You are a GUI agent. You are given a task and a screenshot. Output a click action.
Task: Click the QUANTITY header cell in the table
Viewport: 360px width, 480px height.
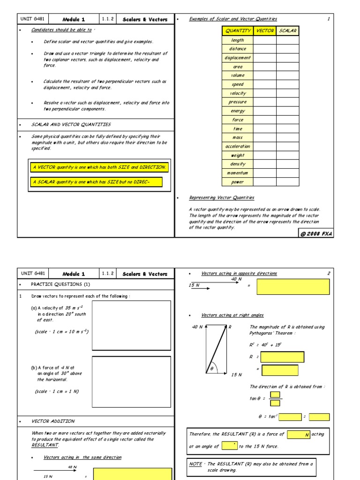(238, 31)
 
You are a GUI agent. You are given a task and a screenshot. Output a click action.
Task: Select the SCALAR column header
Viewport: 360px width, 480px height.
(287, 31)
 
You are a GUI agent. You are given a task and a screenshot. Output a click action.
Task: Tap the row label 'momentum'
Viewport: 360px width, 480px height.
(238, 173)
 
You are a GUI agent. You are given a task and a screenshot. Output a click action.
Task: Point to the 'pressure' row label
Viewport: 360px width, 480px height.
(238, 102)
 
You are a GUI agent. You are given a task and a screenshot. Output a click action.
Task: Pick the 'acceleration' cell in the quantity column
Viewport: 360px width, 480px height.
(238, 146)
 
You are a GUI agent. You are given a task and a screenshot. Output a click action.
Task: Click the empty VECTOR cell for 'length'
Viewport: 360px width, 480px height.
(265, 40)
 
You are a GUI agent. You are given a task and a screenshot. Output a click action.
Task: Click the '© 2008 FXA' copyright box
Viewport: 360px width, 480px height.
(315, 233)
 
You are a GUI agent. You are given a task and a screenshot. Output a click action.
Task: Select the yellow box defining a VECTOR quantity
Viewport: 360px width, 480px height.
(99, 167)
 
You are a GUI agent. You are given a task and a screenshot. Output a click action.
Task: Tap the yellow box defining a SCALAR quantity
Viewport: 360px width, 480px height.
(96, 182)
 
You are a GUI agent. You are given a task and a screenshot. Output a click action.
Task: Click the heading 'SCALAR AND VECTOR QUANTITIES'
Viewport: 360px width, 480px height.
(71, 125)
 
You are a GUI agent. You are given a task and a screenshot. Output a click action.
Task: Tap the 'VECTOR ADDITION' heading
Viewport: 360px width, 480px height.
(53, 421)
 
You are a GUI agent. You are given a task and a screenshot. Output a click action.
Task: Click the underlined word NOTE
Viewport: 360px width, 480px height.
(195, 463)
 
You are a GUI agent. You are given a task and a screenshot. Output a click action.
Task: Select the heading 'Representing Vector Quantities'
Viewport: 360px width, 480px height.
(221, 197)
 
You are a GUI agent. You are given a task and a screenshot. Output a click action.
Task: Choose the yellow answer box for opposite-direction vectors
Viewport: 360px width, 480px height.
(293, 286)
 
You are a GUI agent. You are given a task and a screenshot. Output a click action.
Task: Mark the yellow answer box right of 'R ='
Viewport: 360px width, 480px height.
(282, 357)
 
